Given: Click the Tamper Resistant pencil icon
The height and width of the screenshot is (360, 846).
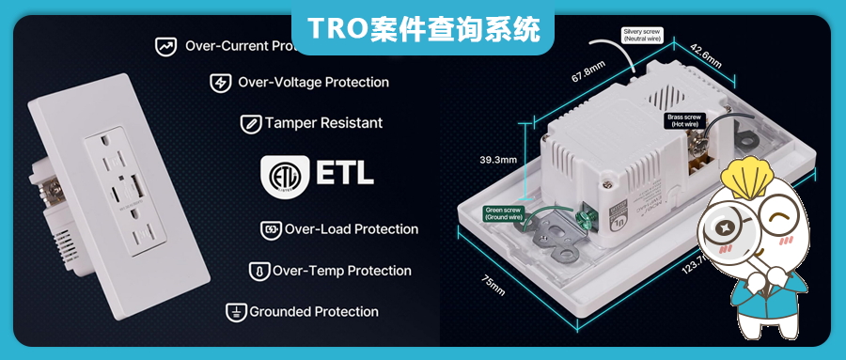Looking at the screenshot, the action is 251,123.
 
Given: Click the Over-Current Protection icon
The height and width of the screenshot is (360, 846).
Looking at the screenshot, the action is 166,45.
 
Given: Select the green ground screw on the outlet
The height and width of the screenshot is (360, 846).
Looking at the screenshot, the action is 580,221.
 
